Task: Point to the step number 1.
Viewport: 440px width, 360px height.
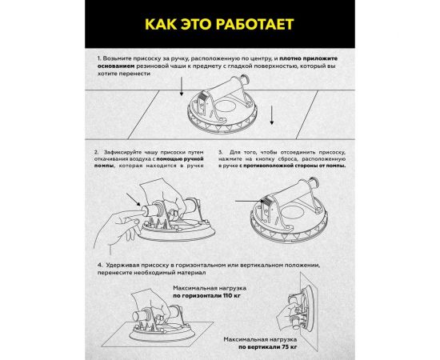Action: tap(100, 59)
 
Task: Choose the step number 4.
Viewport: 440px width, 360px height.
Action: tap(100, 264)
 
